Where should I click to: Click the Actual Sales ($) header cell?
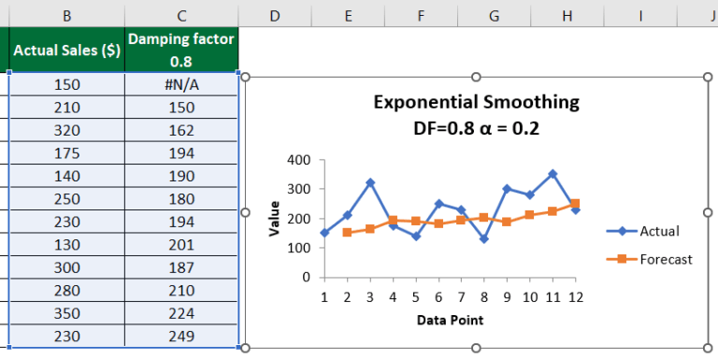(67, 50)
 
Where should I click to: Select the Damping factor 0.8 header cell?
(181, 50)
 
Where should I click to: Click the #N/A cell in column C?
(181, 84)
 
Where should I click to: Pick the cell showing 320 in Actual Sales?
(67, 126)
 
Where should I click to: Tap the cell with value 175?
(67, 148)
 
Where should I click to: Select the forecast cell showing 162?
(181, 126)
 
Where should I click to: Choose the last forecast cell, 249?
(181, 336)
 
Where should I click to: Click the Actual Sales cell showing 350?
(67, 315)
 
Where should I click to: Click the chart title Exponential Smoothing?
(476, 102)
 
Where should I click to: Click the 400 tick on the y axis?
(299, 161)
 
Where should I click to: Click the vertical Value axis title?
(275, 218)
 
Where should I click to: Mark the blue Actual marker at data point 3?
(370, 183)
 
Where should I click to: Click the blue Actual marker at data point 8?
(483, 239)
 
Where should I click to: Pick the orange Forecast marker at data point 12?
(574, 203)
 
